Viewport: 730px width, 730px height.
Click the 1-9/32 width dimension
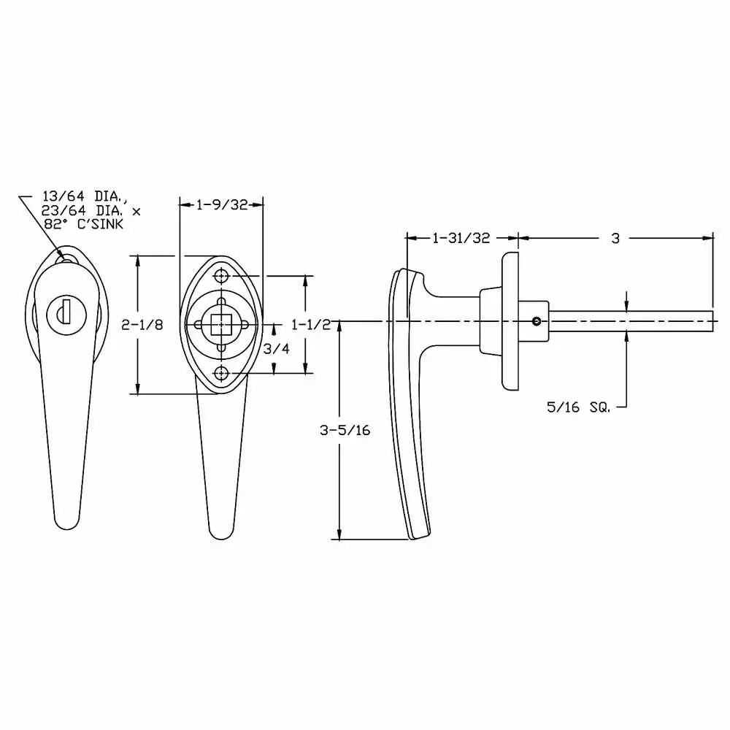click(221, 206)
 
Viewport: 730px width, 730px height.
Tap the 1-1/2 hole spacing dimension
click(310, 324)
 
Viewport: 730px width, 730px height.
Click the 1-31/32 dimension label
click(461, 238)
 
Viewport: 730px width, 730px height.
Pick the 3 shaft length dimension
click(615, 238)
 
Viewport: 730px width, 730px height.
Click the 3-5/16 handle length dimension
click(345, 431)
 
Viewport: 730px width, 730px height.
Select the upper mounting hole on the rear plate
click(222, 277)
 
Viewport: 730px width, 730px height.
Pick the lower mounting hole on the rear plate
click(222, 374)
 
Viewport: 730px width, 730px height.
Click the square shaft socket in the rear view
click(221, 324)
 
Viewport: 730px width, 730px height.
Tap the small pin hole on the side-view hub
click(537, 321)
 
